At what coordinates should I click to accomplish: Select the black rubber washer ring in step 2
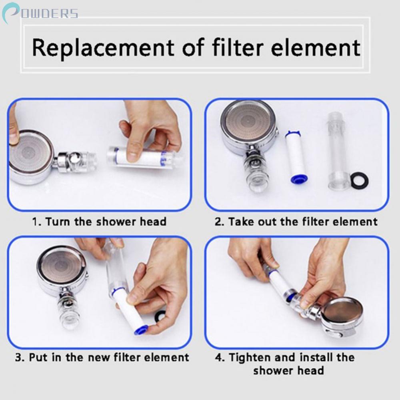point(359,180)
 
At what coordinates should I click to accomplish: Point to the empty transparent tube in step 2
point(338,150)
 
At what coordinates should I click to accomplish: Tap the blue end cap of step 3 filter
point(141,330)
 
